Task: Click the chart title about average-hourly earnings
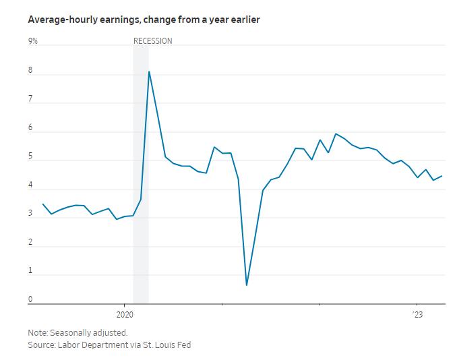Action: coord(144,20)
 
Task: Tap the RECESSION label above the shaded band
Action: coord(153,41)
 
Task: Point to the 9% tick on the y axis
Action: coord(32,41)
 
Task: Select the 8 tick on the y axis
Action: coord(30,71)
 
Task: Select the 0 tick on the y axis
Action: coord(30,299)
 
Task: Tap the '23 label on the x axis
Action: coord(417,315)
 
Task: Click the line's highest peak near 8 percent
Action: coord(149,71)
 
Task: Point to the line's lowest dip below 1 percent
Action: coord(246,285)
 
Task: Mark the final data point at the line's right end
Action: coord(442,176)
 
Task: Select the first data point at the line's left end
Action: coord(43,204)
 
